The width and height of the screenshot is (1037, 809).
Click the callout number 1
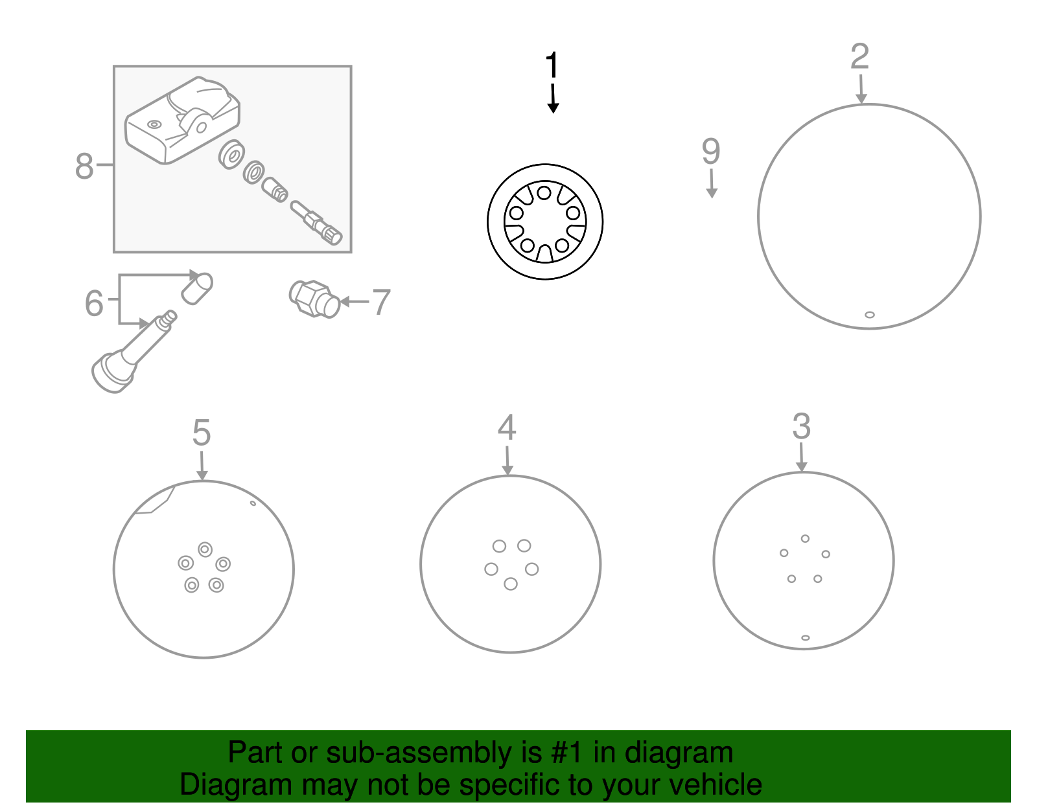552,65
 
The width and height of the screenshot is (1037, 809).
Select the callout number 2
859,56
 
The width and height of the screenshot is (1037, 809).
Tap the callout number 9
710,151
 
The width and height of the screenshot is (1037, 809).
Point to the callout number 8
84,166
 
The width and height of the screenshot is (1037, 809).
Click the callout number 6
94,302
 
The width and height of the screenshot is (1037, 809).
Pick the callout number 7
381,302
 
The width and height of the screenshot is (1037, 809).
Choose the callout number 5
202,433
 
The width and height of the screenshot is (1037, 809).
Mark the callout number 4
506,427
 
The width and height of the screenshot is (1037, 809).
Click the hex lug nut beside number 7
314,299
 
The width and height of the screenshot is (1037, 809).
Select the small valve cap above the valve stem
197,289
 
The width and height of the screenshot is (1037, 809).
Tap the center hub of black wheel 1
544,222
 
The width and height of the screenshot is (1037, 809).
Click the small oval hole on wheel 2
870,315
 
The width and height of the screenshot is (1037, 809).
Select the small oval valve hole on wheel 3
805,637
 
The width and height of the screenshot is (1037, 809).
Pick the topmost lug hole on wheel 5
205,549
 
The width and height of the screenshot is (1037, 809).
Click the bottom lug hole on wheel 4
510,584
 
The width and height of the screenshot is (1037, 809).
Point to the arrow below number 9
711,183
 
